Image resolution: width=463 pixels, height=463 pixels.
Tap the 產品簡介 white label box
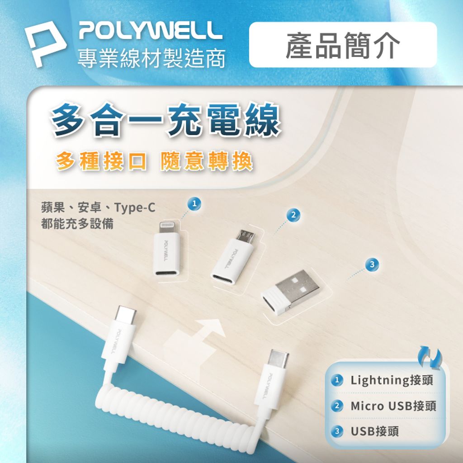pyautogui.click(x=343, y=45)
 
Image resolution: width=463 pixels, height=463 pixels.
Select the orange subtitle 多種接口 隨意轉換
pyautogui.click(x=154, y=161)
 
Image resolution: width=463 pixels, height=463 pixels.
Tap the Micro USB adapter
pyautogui.click(x=235, y=258)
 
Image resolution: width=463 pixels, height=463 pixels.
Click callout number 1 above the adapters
pyautogui.click(x=194, y=203)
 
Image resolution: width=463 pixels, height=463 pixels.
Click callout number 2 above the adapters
pyautogui.click(x=293, y=215)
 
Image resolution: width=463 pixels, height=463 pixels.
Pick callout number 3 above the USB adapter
pyautogui.click(x=372, y=265)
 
